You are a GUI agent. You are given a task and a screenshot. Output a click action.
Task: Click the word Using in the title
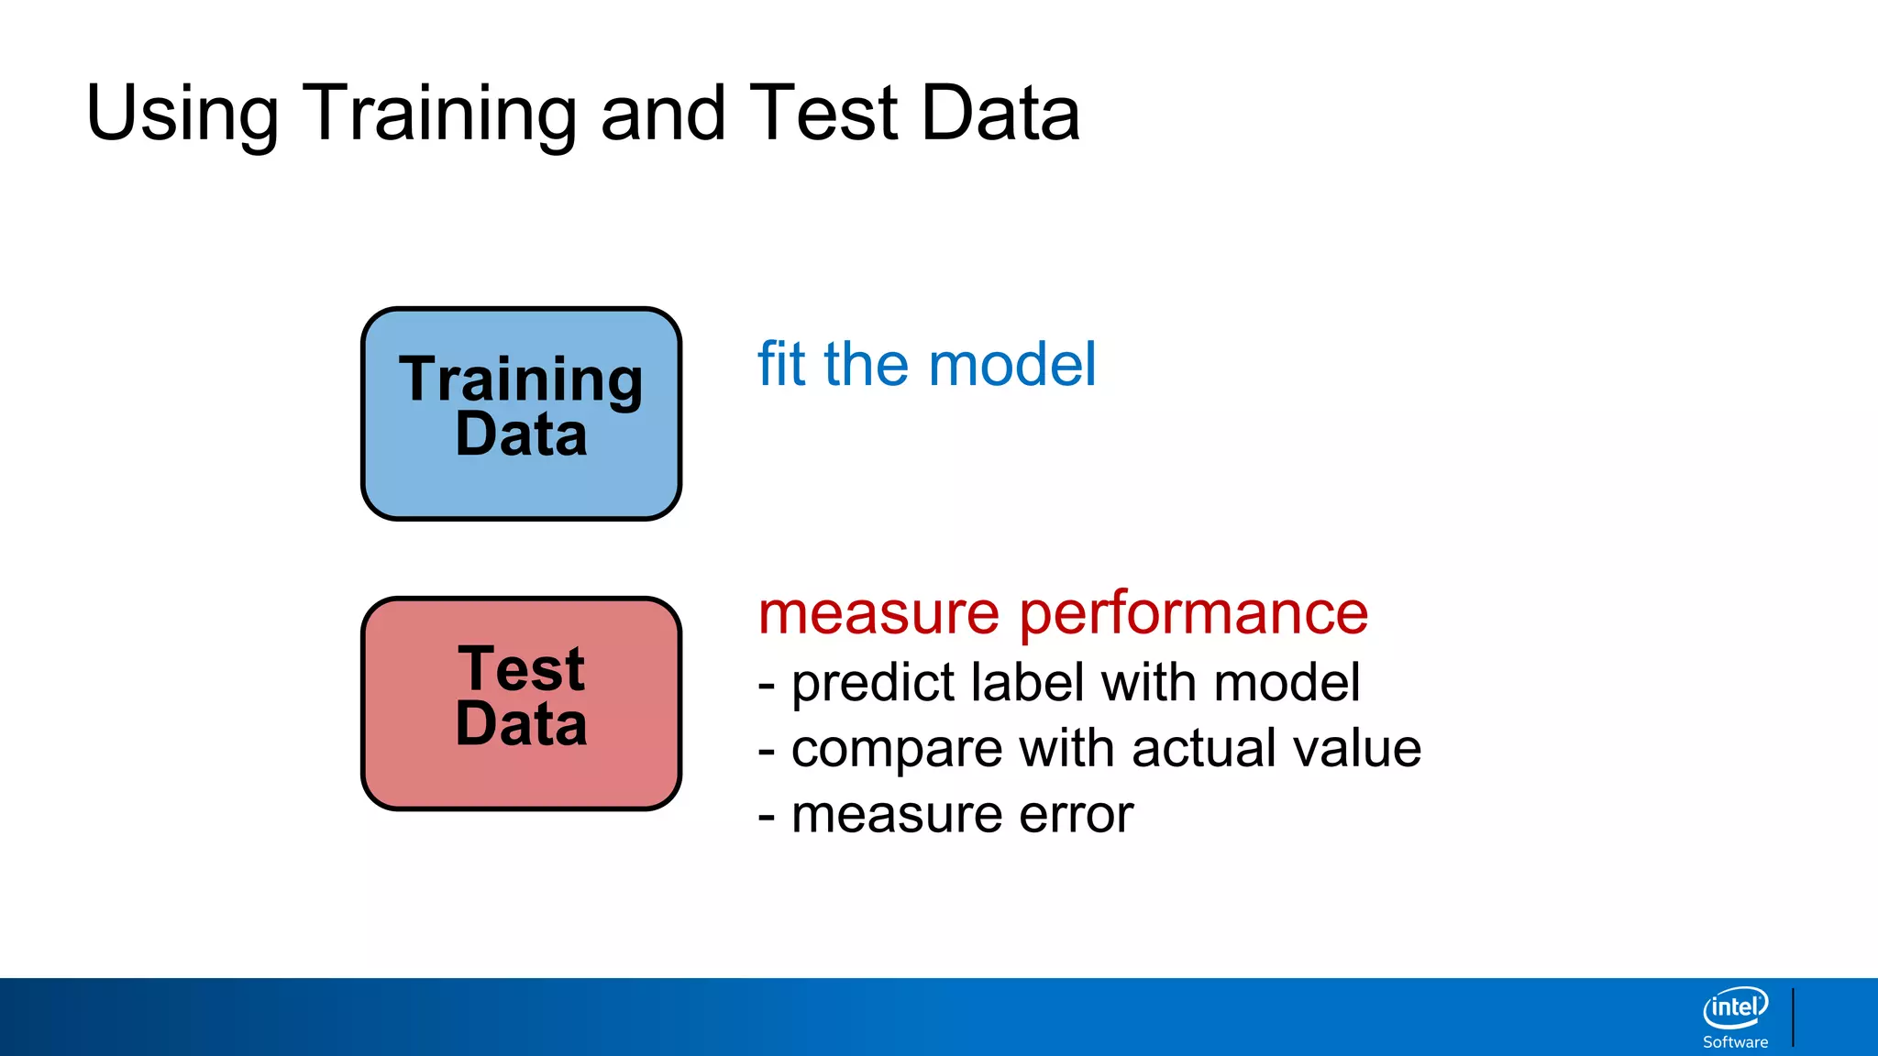[x=182, y=114]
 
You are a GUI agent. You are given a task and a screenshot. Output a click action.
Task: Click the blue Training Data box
[x=521, y=486]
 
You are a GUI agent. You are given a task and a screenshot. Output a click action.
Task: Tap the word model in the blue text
[x=1011, y=365]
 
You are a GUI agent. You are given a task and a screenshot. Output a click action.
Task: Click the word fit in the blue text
[x=781, y=365]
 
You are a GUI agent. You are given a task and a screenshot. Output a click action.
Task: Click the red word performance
[x=1193, y=614]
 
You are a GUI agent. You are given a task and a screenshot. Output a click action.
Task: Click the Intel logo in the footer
[x=1735, y=1007]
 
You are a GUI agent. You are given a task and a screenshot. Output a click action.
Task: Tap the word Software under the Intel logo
[x=1735, y=1042]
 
